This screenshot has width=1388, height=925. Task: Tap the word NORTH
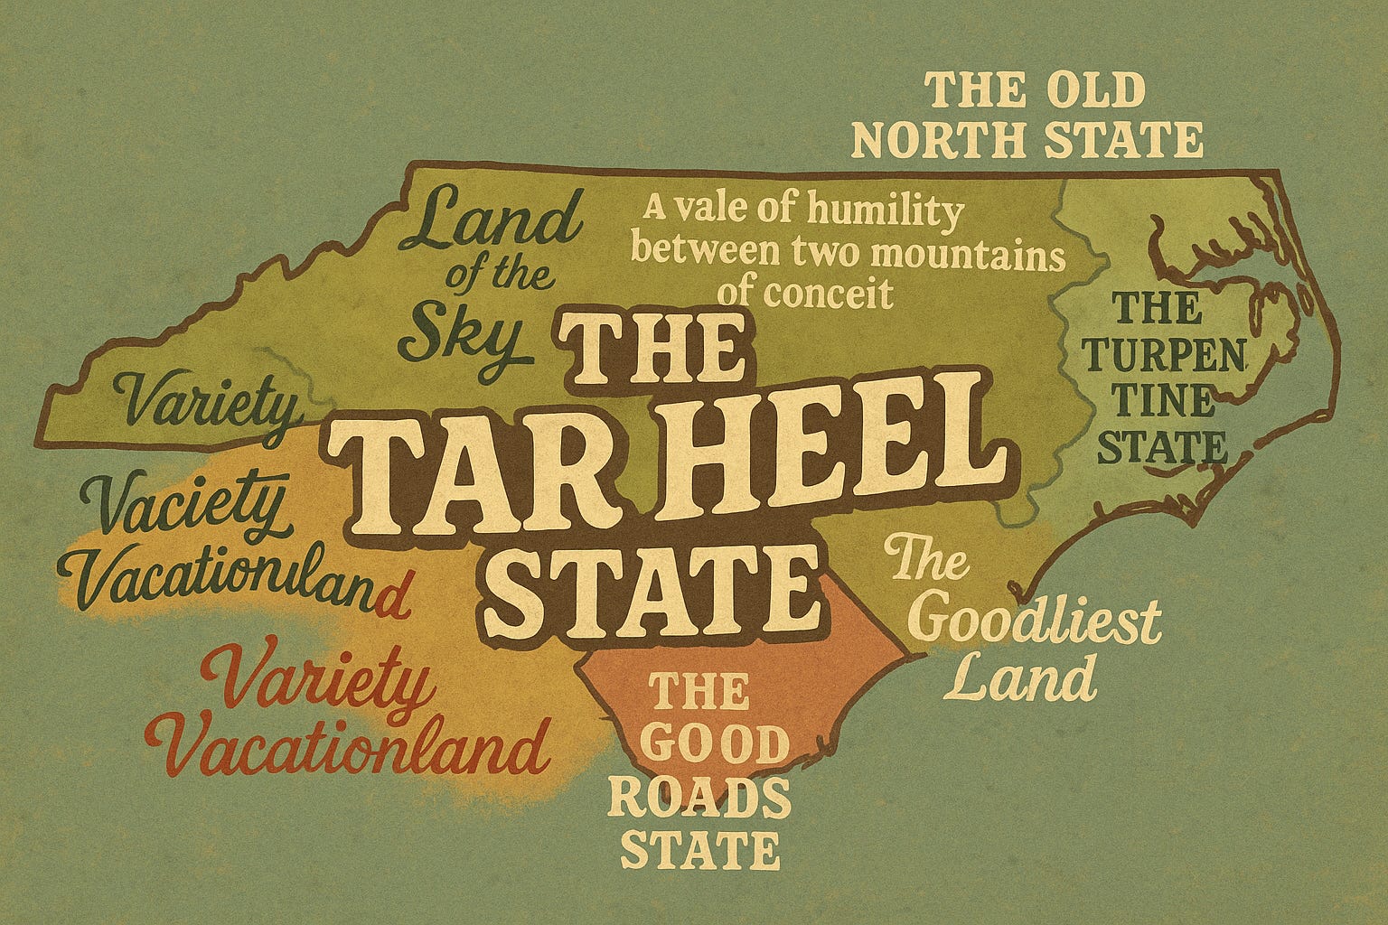[946, 141]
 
